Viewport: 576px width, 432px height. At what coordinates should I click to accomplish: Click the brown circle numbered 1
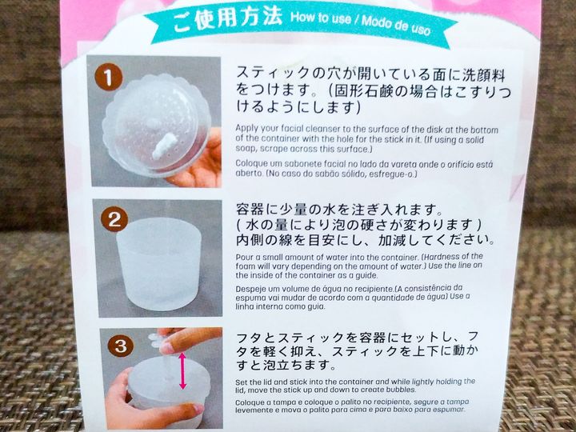[108, 77]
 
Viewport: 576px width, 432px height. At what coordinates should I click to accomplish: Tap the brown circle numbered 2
[114, 219]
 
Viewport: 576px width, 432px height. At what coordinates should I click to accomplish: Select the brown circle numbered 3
[121, 346]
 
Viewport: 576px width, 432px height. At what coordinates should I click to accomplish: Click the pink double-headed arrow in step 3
[182, 371]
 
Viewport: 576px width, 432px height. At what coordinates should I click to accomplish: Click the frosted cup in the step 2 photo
[158, 264]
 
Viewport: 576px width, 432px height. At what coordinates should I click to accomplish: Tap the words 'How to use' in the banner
[320, 18]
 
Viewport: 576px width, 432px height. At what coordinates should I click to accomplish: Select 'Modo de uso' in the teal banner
[396, 25]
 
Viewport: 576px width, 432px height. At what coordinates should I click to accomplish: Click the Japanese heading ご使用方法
[227, 18]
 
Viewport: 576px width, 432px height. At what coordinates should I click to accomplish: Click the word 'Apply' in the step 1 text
[247, 130]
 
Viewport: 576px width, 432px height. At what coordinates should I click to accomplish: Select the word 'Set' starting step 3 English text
[241, 382]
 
